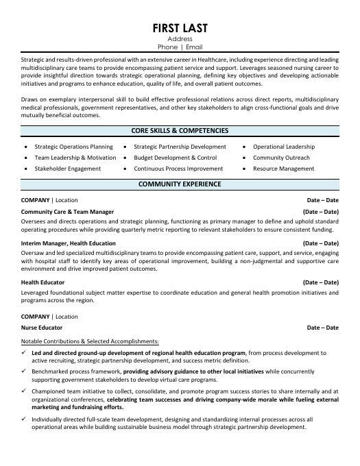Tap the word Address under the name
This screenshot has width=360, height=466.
[x=180, y=39]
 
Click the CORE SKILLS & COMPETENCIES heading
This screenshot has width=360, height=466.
[x=180, y=130]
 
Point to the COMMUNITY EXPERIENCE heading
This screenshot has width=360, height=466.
[x=180, y=184]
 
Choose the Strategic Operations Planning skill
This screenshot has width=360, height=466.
[x=73, y=147]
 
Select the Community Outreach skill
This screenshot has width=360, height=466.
[x=281, y=158]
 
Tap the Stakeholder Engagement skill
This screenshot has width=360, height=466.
[x=67, y=169]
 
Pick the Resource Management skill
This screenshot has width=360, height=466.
[x=283, y=169]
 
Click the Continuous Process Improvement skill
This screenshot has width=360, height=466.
[x=178, y=169]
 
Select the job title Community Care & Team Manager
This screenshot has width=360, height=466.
[x=67, y=212]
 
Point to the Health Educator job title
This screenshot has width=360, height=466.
[x=43, y=282]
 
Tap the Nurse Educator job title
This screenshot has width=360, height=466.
[x=40, y=328]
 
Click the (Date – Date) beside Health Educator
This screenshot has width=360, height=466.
[x=321, y=282]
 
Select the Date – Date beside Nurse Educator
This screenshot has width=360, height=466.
[x=322, y=328]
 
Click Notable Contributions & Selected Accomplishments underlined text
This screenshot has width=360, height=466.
[x=90, y=341]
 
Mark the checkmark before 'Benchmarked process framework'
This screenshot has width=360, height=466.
[x=25, y=371]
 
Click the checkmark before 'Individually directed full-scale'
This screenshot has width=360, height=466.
[x=25, y=419]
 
